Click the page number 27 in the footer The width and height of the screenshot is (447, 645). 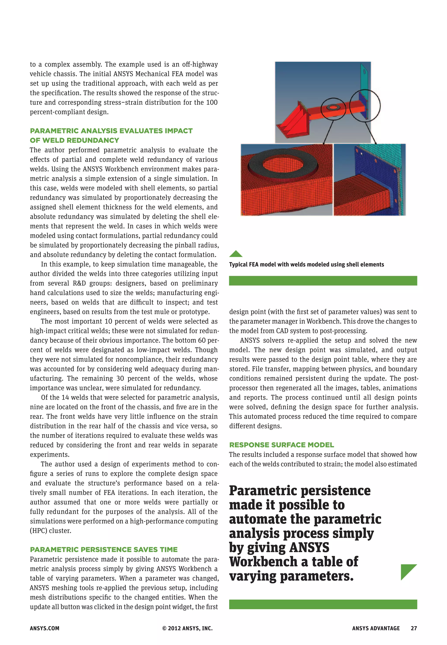(414, 628)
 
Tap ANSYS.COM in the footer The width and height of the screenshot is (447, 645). (45, 628)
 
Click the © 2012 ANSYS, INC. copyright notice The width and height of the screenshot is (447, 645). (187, 628)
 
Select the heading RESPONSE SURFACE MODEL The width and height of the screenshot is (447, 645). (282, 445)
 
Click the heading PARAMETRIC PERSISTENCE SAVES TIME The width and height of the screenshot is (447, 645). (104, 550)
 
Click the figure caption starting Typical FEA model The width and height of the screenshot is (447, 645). (306, 264)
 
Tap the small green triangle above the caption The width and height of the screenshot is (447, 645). (236, 254)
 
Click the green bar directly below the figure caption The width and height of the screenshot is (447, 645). (323, 281)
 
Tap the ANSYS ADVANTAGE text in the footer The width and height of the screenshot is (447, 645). (376, 628)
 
